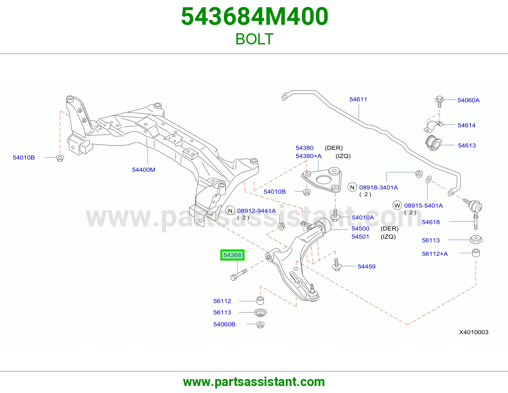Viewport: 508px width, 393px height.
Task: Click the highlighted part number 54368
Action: click(x=232, y=255)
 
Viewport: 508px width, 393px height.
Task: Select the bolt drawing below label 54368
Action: click(x=239, y=275)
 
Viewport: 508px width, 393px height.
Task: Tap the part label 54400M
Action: click(x=144, y=170)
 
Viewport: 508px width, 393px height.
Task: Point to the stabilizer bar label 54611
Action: click(x=358, y=99)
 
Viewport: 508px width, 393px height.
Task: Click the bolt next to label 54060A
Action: click(x=439, y=101)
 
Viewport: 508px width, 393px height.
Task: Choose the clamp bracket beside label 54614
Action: click(x=433, y=126)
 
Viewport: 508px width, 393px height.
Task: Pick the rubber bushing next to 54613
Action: click(x=433, y=143)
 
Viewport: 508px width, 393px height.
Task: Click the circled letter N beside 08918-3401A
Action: click(x=352, y=187)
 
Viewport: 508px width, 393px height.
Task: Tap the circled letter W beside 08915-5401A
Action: click(x=397, y=205)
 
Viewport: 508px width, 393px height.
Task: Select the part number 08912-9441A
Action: click(x=257, y=211)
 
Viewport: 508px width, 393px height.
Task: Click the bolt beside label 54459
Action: click(x=337, y=265)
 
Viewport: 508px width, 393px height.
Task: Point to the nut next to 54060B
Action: click(x=260, y=325)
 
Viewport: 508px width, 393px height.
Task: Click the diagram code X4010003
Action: click(x=474, y=332)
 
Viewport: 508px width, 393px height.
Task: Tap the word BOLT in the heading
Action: click(x=254, y=39)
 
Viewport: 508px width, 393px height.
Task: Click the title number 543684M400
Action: click(x=255, y=16)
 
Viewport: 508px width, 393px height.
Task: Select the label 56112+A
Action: click(x=435, y=254)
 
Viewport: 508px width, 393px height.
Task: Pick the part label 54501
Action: click(x=360, y=237)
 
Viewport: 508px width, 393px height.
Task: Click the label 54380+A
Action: click(x=308, y=156)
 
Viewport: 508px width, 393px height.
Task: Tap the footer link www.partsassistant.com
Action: click(x=254, y=382)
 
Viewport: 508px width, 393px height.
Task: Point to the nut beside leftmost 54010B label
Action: click(x=60, y=158)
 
